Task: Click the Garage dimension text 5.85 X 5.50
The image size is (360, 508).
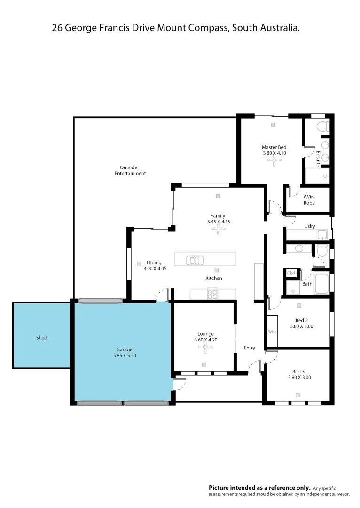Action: point(124,356)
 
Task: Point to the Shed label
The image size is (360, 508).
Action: point(41,338)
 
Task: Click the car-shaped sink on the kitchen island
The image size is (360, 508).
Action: point(195,260)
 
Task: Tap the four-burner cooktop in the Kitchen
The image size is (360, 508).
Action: point(212,294)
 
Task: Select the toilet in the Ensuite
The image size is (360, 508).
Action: point(322,127)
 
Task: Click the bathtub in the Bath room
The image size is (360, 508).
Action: point(322,283)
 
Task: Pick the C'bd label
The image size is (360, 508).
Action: point(291,273)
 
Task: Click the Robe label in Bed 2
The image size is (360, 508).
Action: point(272,332)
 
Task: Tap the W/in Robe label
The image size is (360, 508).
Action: point(309,200)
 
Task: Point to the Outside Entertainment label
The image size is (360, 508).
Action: point(130,170)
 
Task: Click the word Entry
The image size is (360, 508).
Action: point(249,348)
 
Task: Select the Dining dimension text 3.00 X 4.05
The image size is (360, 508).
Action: point(155,269)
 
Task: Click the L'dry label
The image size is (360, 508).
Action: point(310,226)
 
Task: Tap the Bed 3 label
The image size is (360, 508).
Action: point(299,371)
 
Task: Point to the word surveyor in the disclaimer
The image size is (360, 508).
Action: point(338,494)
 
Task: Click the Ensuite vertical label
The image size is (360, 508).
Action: point(318,159)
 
